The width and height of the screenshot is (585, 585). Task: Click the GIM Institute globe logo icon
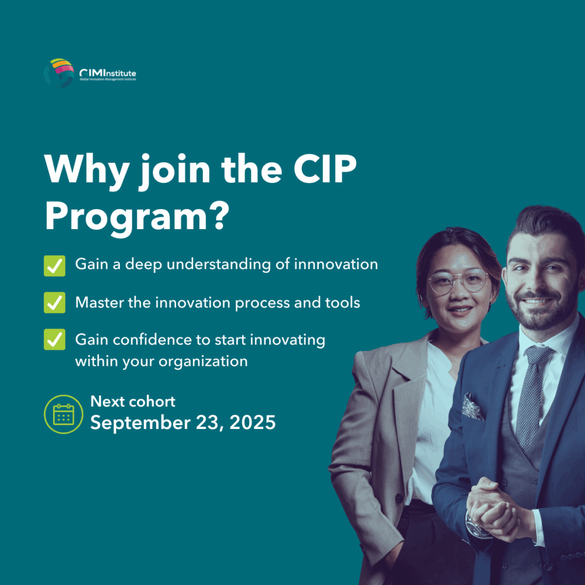[x=59, y=73]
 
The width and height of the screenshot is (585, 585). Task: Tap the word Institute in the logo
[x=117, y=73]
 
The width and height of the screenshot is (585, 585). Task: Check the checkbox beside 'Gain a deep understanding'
[x=54, y=266]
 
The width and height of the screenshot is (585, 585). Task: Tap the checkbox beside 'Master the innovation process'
[x=54, y=303]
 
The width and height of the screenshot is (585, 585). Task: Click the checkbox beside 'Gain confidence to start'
[x=54, y=339]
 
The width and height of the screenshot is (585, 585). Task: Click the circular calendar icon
[x=63, y=414]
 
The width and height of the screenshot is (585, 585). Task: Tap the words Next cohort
[x=133, y=402]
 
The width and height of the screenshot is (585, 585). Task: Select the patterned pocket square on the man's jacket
[x=472, y=406]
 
